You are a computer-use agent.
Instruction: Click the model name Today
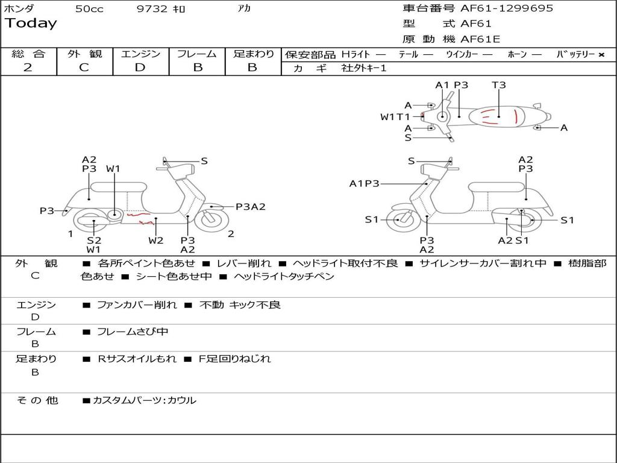(x=31, y=24)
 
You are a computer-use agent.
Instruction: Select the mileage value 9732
(x=152, y=9)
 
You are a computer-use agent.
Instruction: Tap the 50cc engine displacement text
(x=89, y=9)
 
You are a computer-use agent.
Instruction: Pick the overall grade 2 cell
(x=28, y=68)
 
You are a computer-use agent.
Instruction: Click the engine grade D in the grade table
(x=140, y=68)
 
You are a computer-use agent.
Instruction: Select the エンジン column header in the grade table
(x=140, y=54)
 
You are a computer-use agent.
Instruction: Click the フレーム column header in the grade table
(x=196, y=54)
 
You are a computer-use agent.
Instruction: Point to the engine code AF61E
(x=480, y=39)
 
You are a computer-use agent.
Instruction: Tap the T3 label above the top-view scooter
(x=498, y=85)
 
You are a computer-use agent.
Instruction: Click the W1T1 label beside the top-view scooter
(x=395, y=117)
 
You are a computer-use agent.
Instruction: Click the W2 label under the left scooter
(x=155, y=241)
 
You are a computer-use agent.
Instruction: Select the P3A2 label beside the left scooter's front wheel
(x=250, y=207)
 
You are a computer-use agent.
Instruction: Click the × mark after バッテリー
(x=601, y=55)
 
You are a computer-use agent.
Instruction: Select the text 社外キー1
(x=365, y=68)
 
